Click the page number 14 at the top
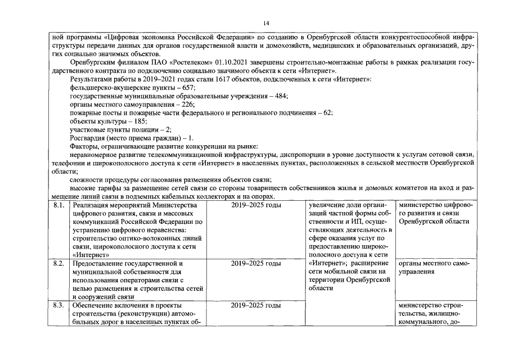pyautogui.click(x=266, y=22)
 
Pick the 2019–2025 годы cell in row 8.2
pyautogui.click(x=256, y=263)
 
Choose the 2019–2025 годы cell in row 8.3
pyautogui.click(x=256, y=305)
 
